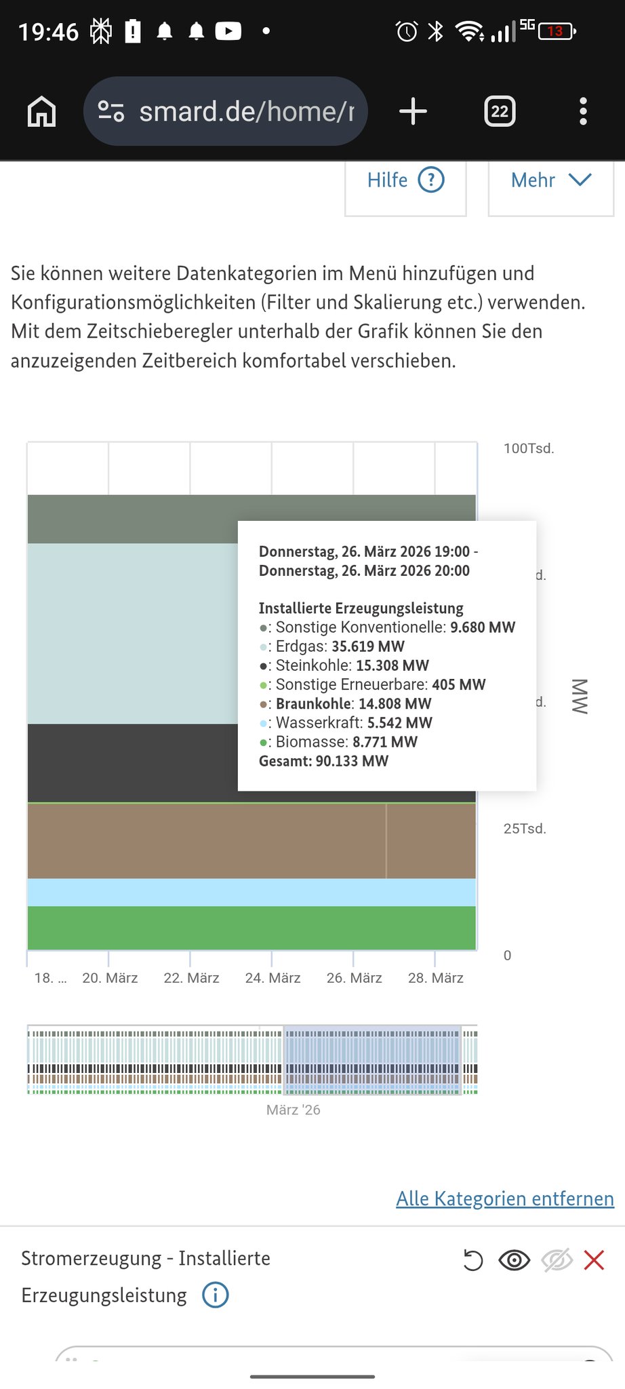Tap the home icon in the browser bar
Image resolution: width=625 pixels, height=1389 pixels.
coord(41,111)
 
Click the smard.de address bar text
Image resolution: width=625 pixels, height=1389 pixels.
coord(246,111)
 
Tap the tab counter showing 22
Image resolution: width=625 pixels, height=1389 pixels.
coord(500,111)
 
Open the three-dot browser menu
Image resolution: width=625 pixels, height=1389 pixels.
coord(583,111)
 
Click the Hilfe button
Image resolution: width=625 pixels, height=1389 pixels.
coord(405,180)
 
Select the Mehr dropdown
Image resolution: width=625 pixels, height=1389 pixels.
coord(550,180)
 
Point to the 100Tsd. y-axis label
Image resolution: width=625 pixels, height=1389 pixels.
coord(529,448)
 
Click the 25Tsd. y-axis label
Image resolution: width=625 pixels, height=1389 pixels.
coord(525,829)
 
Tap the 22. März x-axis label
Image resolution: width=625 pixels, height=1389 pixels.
coord(191,978)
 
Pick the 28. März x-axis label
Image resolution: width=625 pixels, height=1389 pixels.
coord(436,978)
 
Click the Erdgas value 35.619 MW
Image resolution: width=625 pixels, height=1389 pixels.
coord(368,646)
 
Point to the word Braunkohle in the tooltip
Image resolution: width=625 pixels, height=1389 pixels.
coord(313,703)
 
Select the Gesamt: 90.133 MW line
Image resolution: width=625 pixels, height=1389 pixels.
coord(323,761)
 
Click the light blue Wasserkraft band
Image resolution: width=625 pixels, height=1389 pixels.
coord(251,893)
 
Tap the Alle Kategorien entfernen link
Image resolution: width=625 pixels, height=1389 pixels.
coord(505,1198)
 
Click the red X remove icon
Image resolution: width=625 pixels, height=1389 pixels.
coord(594,1260)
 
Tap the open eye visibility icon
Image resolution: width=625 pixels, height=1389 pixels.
coord(514,1260)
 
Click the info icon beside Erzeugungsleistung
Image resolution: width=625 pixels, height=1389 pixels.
coord(216,1295)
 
